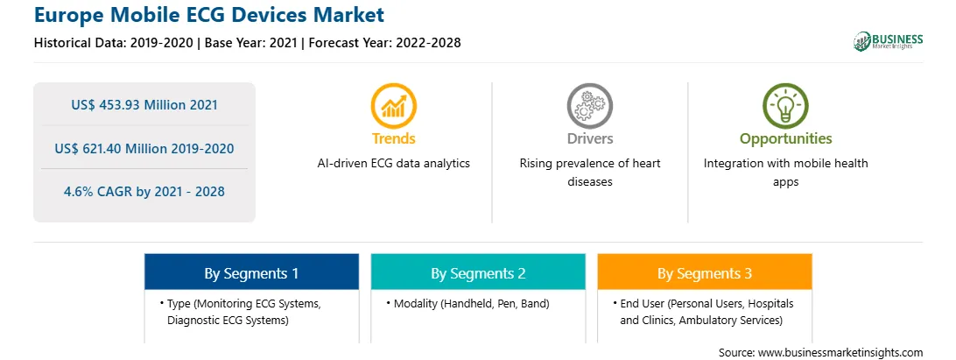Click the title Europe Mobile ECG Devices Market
coord(209,15)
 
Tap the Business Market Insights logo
coord(889,41)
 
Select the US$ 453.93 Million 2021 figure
coord(144,104)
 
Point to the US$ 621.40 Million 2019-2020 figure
coord(144,148)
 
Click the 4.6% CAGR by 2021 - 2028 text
coord(144,192)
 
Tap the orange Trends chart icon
coord(393,106)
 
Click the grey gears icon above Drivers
coord(589,106)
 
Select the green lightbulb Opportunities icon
coord(785,106)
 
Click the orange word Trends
coord(393,138)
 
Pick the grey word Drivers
coord(589,138)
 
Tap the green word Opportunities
coord(785,139)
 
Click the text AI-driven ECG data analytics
coord(393,164)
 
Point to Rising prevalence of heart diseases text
coord(589,173)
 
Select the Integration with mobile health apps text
coord(785,173)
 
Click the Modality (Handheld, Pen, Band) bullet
coord(467,304)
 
